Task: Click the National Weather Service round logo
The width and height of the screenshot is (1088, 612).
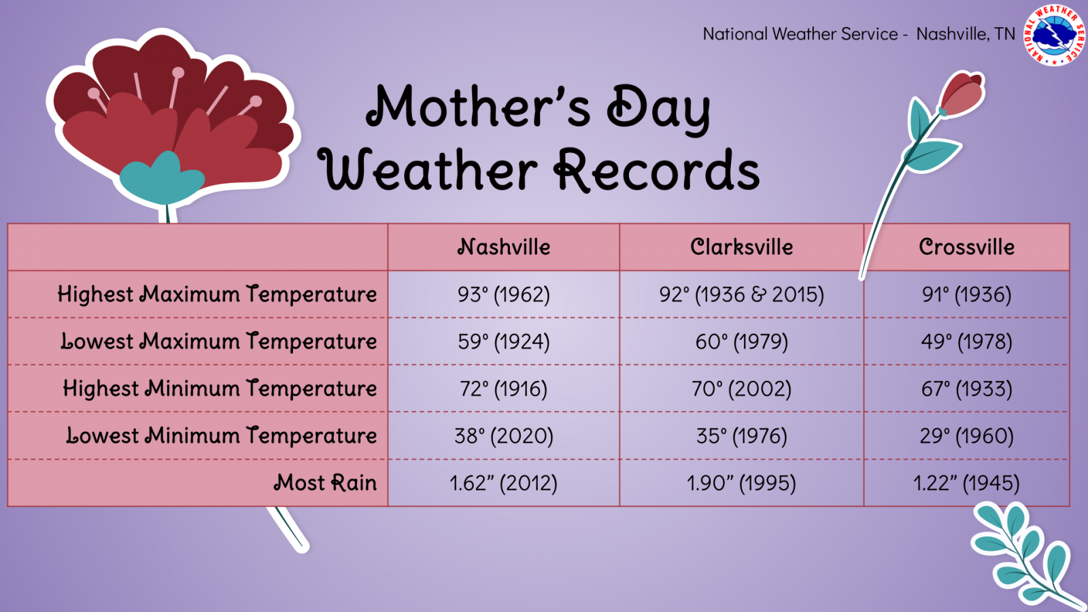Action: click(1055, 35)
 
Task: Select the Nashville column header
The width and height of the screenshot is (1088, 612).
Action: click(504, 247)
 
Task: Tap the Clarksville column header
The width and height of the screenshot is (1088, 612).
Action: click(742, 247)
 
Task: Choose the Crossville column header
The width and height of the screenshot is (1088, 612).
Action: click(966, 247)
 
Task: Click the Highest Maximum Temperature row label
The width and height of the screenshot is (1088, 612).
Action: click(217, 294)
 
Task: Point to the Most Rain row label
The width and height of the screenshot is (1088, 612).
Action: click(326, 483)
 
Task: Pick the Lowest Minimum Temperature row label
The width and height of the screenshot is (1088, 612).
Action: click(222, 436)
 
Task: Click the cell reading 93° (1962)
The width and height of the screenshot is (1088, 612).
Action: click(504, 294)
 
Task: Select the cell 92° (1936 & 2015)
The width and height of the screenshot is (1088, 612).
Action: click(742, 294)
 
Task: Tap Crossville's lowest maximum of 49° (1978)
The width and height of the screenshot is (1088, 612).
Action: click(966, 341)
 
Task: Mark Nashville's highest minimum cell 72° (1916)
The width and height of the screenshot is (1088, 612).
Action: click(504, 388)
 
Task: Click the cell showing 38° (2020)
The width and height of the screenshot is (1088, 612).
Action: click(504, 436)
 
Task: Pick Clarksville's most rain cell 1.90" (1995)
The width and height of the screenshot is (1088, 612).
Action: click(742, 483)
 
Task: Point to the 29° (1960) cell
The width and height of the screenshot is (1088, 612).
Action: click(966, 436)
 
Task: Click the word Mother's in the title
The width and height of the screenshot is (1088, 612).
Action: click(479, 107)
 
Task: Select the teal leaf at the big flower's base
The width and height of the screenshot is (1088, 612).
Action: click(163, 179)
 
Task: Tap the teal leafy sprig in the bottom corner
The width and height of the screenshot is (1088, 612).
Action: click(1025, 554)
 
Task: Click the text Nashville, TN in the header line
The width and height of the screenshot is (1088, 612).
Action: click(966, 34)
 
